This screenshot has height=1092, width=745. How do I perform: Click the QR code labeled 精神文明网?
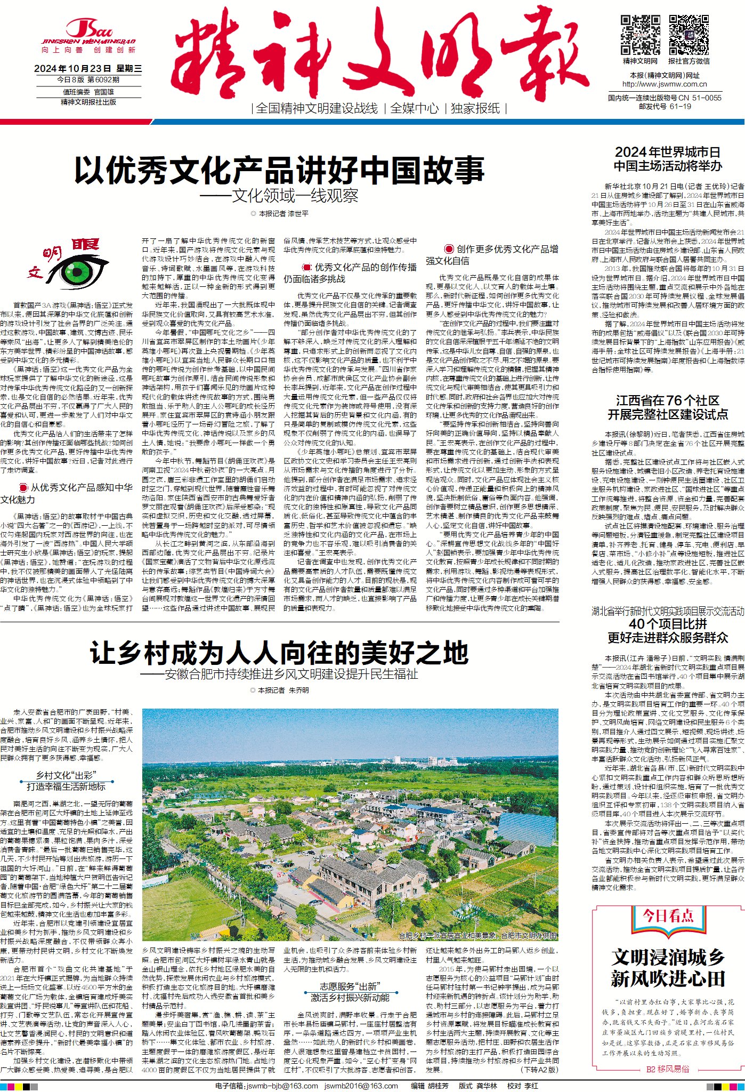[640, 35]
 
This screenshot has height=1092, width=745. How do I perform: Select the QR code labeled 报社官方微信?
[689, 35]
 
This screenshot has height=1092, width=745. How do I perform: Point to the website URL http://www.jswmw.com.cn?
[664, 84]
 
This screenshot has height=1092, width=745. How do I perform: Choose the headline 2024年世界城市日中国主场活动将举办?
[667, 159]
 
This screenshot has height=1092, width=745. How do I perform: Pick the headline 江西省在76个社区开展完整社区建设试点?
[667, 407]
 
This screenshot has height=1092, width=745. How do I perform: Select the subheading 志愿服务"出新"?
[350, 986]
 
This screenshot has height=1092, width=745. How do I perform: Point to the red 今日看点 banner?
[668, 916]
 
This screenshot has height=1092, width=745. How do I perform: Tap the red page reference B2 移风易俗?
[667, 1069]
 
